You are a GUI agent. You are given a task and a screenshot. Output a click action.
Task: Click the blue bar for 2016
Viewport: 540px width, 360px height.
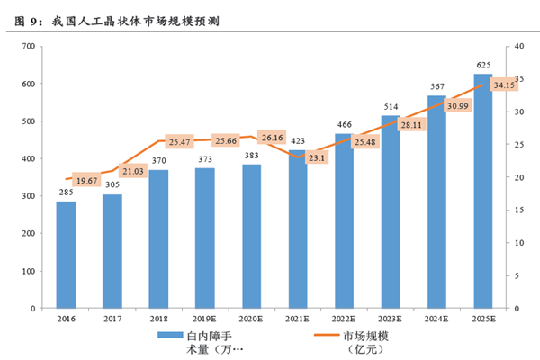coord(66,255)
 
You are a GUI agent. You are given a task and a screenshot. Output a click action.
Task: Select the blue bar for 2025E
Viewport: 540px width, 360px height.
coord(483,191)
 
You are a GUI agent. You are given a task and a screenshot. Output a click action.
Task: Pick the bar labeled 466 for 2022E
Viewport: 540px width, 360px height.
coord(344,220)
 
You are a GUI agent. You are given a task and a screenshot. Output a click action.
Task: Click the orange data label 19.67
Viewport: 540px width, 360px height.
coord(87,181)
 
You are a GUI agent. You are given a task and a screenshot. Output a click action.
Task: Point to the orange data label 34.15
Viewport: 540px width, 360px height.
coord(505,85)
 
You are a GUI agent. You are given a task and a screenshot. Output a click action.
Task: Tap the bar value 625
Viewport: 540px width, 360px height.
coord(483,65)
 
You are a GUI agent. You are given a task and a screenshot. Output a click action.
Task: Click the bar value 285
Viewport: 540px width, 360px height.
coord(66,193)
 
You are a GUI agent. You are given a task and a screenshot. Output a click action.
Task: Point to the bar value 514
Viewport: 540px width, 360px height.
coord(390,107)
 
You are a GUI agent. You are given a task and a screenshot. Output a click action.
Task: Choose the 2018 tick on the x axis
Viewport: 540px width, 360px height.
coord(158,319)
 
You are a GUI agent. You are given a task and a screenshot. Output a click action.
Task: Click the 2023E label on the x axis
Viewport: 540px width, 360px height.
coord(390,319)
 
